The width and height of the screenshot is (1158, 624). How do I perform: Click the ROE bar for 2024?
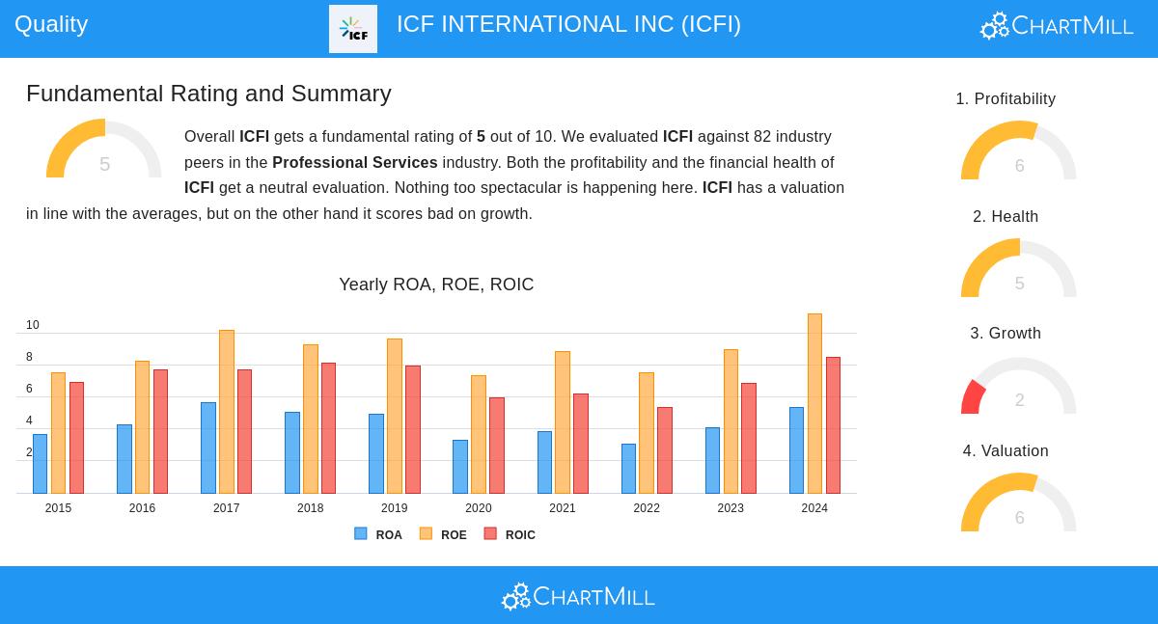coord(814,403)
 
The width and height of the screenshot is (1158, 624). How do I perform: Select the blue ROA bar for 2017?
coord(208,448)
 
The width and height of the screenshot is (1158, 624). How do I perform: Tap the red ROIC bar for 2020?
coord(496,445)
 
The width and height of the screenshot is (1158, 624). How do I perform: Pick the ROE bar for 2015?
coord(58,433)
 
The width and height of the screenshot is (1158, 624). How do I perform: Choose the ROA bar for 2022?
coord(628,469)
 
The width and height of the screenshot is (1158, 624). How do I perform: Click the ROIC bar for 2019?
coord(412,429)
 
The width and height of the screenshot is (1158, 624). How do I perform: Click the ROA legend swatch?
coord(361,533)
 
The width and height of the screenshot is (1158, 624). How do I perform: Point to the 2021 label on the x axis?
coord(563,508)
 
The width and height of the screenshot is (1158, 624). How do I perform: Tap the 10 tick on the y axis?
coord(33,325)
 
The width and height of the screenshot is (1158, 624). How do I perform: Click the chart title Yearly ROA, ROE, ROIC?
coord(436,285)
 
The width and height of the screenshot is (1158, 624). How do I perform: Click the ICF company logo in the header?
coord(353,29)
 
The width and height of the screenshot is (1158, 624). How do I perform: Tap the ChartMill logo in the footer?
coord(578,596)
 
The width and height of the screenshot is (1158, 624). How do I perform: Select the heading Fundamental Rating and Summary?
coord(208,94)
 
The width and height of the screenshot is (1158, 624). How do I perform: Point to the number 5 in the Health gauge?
coord(1019,284)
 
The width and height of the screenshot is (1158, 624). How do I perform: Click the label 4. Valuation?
coord(1006,451)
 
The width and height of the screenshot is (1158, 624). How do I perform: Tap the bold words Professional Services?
coord(355,163)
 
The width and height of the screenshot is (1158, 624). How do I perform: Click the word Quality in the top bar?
coord(51,24)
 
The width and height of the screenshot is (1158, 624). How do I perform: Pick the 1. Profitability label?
coord(1006,99)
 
